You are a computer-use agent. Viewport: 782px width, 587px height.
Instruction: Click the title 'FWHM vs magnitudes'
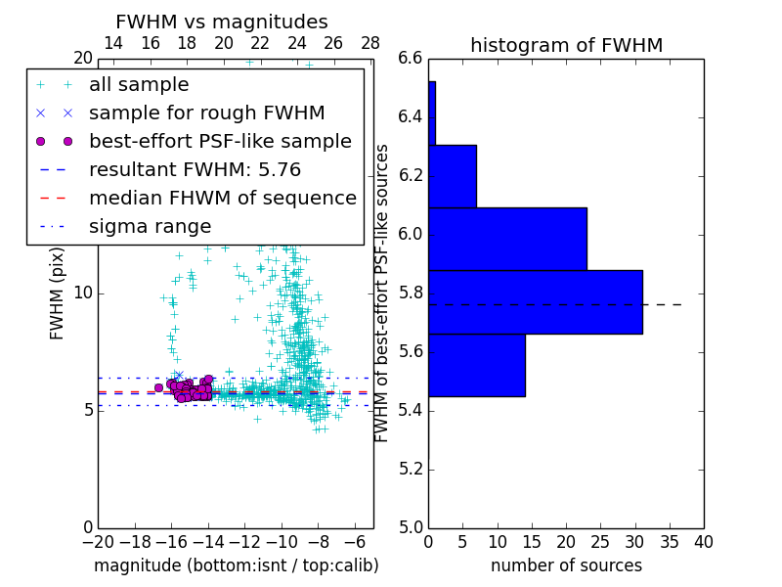tap(222, 22)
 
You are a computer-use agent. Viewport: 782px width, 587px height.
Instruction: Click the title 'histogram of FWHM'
tap(566, 45)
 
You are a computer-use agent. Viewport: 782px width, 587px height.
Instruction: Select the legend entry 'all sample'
tap(139, 85)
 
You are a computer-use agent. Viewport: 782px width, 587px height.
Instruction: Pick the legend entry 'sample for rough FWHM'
tap(206, 113)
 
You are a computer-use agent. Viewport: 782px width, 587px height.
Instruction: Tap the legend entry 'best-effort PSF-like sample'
tap(220, 142)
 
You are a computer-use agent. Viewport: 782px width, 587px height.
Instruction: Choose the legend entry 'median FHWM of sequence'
tap(222, 199)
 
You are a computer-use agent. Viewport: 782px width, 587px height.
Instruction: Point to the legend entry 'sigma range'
tap(150, 227)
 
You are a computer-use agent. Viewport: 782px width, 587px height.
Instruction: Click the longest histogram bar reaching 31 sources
tap(536, 302)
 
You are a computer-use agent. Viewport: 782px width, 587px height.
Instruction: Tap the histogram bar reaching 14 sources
tap(477, 365)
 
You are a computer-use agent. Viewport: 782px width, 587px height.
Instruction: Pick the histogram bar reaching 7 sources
tap(453, 176)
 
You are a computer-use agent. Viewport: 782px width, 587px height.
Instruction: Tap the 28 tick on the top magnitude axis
tap(370, 43)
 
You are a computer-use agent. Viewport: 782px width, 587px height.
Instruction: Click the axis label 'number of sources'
tap(566, 565)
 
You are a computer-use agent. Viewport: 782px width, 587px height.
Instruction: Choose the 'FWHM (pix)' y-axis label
tap(58, 293)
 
